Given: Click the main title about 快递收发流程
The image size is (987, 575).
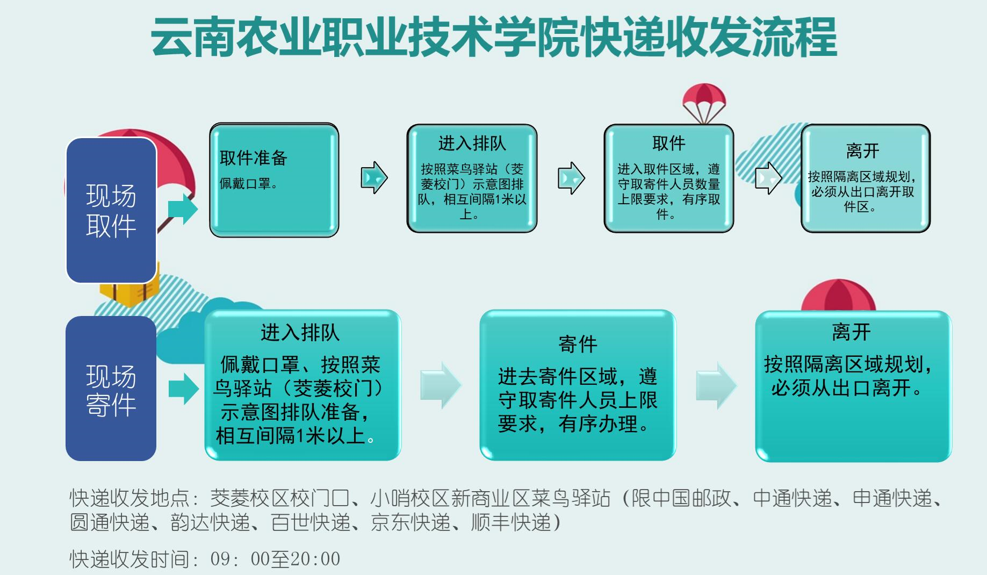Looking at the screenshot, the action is pyautogui.click(x=494, y=37).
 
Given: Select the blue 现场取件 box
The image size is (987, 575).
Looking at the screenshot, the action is pyautogui.click(x=111, y=210).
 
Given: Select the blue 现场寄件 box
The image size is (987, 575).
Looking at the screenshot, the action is pyautogui.click(x=111, y=388).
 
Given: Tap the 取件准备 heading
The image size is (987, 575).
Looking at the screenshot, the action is pyautogui.click(x=254, y=157).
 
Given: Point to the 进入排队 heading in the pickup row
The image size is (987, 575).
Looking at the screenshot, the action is pyautogui.click(x=472, y=143).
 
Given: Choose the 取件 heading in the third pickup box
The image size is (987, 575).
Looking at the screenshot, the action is pyautogui.click(x=668, y=143).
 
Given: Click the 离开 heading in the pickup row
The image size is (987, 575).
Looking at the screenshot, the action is pyautogui.click(x=862, y=150).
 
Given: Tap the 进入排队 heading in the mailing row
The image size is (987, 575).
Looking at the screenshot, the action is pyautogui.click(x=300, y=333).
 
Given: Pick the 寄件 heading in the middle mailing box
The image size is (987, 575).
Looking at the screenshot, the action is pyautogui.click(x=578, y=344).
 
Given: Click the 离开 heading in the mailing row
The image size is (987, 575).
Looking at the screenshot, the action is pyautogui.click(x=851, y=332).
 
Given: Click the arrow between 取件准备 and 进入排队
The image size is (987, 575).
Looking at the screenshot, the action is pyautogui.click(x=374, y=177).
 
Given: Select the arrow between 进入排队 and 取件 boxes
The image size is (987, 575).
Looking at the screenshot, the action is pyautogui.click(x=571, y=178).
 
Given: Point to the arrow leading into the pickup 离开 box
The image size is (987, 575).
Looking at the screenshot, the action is pyautogui.click(x=768, y=178).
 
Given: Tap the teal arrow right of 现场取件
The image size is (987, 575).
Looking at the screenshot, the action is pyautogui.click(x=183, y=209).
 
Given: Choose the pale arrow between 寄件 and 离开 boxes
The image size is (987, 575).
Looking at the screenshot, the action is pyautogui.click(x=717, y=385).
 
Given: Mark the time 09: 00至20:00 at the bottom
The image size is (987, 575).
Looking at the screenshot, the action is pyautogui.click(x=275, y=559).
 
